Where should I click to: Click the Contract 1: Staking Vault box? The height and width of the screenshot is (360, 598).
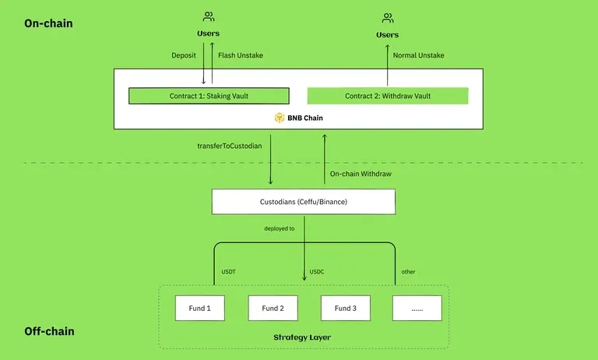coord(209,96)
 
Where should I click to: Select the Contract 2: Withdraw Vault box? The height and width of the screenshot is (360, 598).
coord(388,96)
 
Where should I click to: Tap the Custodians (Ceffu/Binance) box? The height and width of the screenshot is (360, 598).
coord(304,202)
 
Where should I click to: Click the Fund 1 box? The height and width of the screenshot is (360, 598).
coord(199,308)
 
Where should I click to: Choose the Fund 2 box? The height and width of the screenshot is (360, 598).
coord(273,308)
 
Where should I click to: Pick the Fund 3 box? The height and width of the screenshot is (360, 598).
coord(346,308)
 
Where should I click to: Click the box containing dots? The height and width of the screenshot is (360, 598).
coord(417,308)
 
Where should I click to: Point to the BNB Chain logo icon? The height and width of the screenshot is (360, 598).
coord(280,118)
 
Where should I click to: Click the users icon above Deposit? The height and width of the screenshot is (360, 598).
coord(209,17)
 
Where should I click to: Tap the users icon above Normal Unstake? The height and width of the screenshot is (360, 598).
coord(388,18)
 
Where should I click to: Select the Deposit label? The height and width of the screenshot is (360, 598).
coord(185,55)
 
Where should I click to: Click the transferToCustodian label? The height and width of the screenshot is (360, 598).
coord(230,146)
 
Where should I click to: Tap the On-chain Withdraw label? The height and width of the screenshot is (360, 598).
coord(361,173)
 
